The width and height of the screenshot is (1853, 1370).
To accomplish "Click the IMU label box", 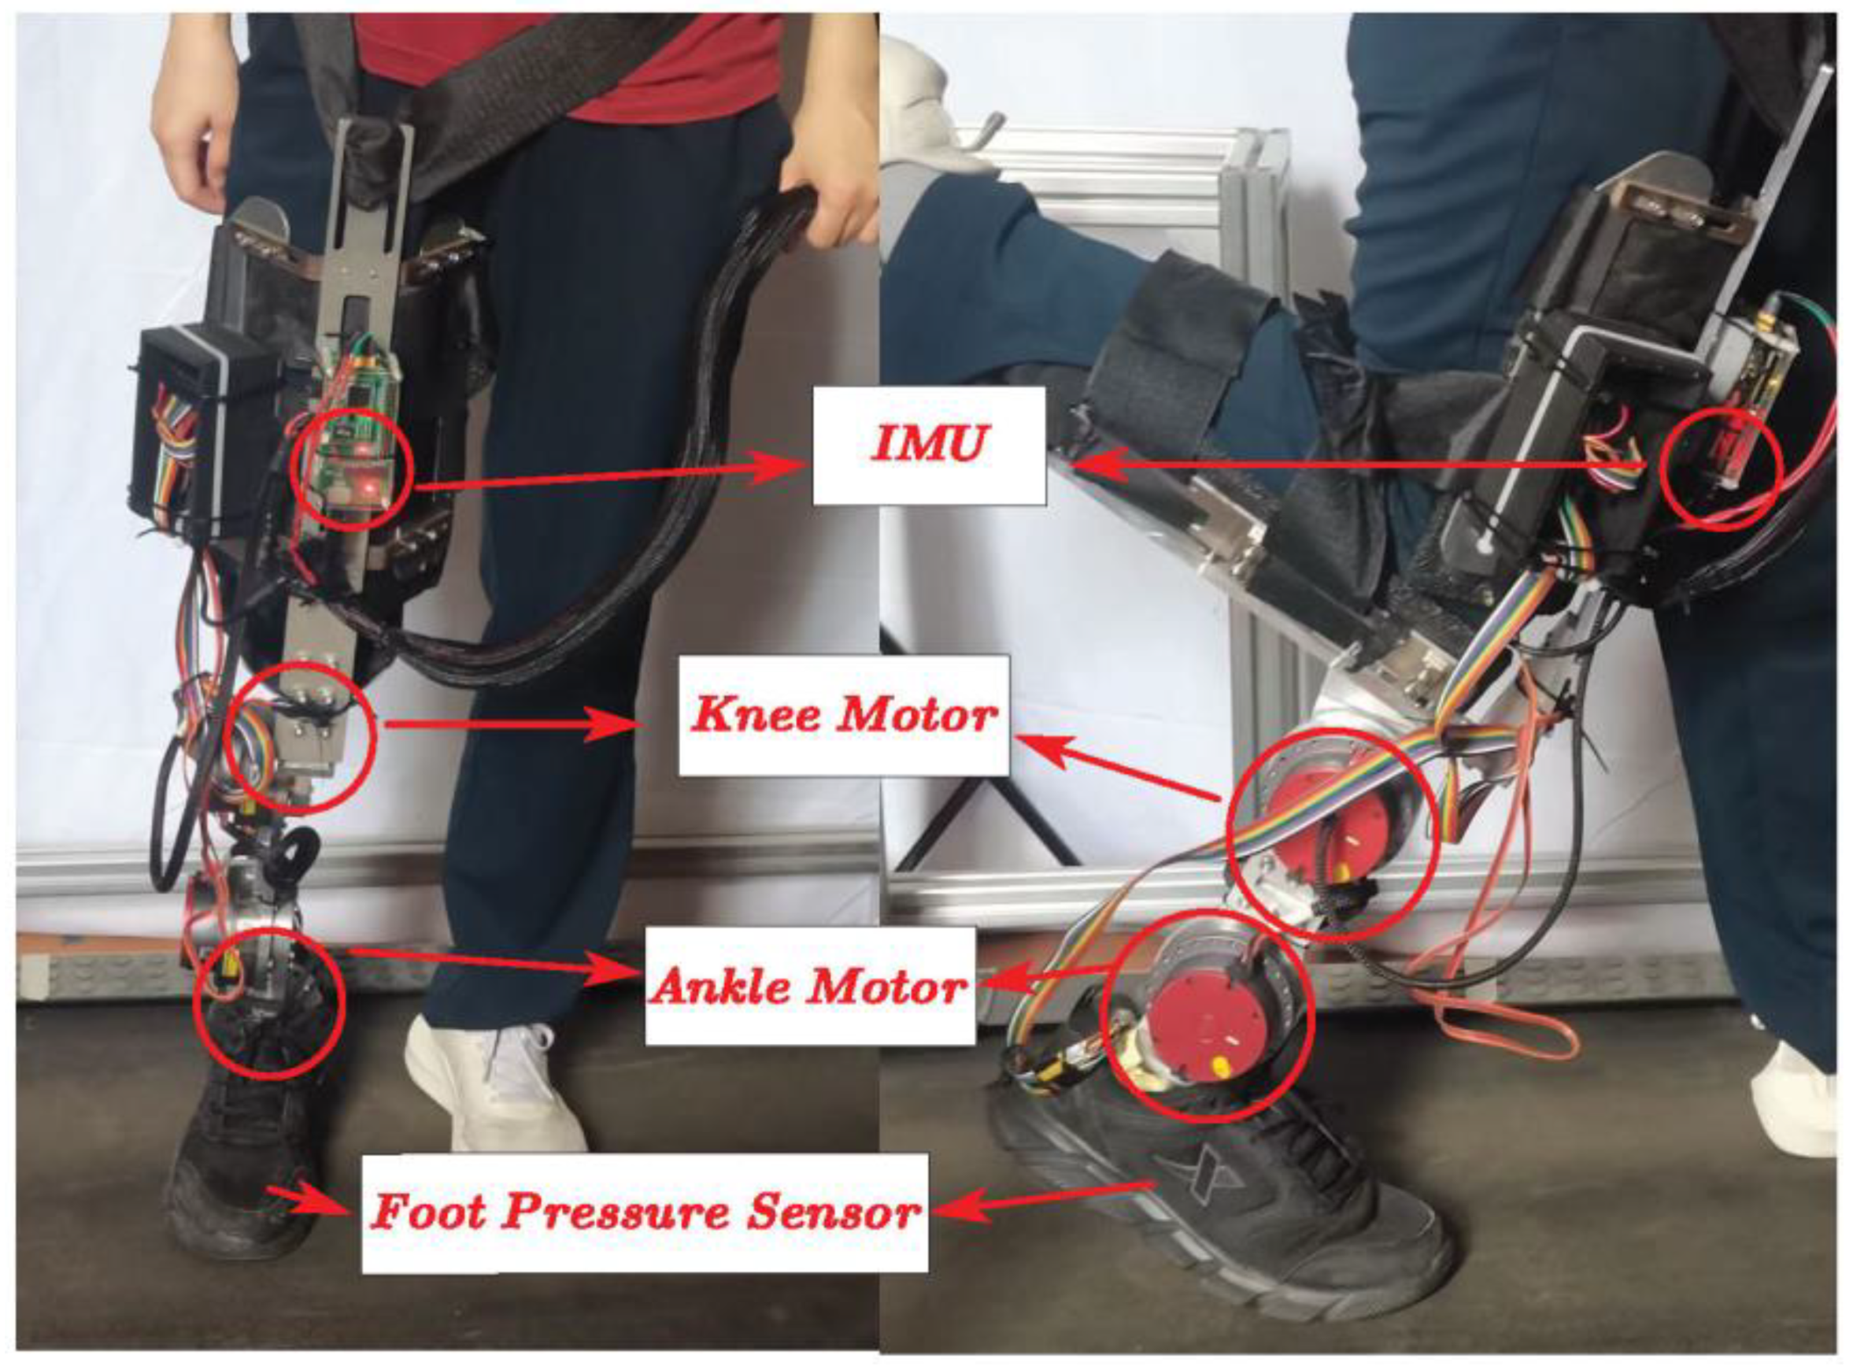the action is (929, 446).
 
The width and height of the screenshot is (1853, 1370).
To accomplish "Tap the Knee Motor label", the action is (844, 715).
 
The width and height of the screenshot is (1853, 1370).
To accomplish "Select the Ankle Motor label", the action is (810, 986).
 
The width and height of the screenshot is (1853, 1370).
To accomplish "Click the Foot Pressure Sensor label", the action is (645, 1213).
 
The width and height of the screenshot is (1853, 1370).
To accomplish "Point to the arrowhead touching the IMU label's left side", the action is (783, 467).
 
